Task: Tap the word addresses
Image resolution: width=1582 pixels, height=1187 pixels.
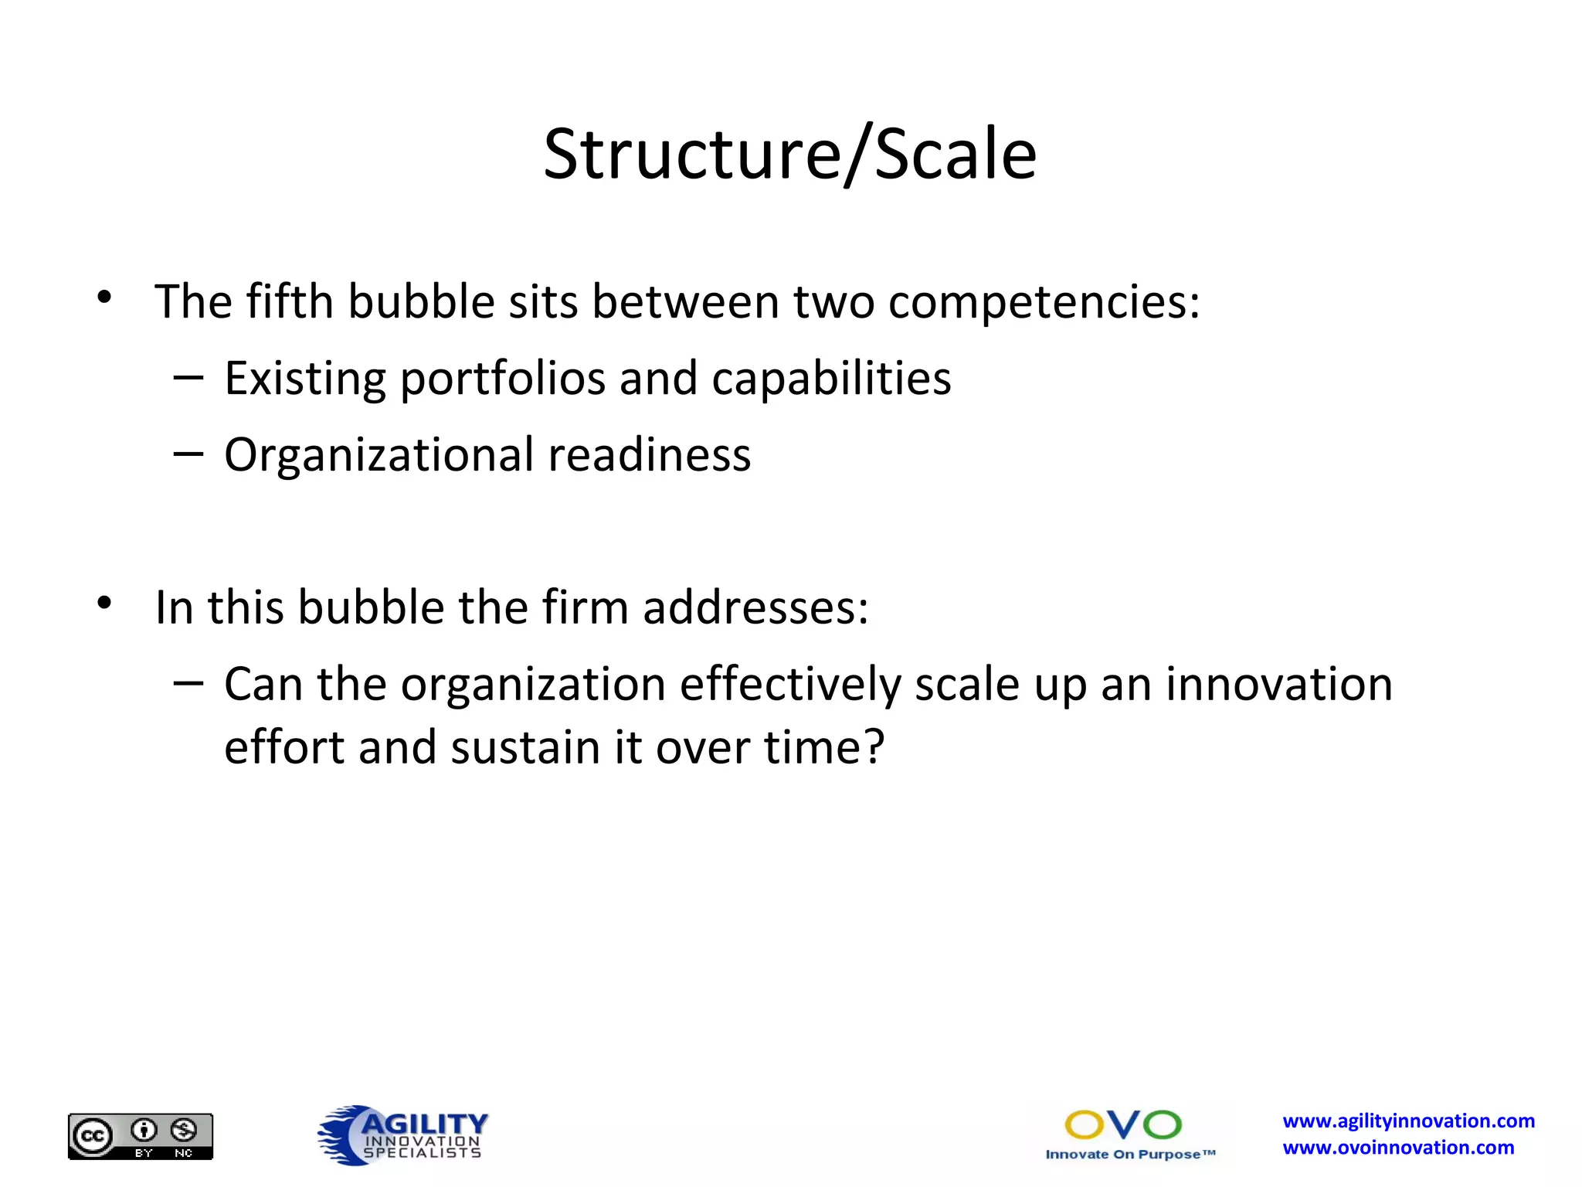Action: tap(755, 607)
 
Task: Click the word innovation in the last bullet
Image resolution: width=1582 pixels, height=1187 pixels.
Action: tap(1278, 685)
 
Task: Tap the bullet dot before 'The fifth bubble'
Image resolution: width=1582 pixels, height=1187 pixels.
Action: tap(105, 297)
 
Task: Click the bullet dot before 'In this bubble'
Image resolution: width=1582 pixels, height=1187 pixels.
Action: tap(105, 603)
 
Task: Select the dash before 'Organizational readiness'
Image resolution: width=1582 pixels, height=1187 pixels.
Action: tap(188, 454)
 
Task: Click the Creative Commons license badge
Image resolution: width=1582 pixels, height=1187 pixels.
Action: tap(141, 1136)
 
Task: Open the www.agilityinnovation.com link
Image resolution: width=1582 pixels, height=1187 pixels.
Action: tap(1408, 1121)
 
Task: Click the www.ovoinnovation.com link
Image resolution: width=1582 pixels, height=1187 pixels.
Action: tap(1398, 1148)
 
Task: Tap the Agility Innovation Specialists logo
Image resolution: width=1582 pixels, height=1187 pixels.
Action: tap(403, 1134)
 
